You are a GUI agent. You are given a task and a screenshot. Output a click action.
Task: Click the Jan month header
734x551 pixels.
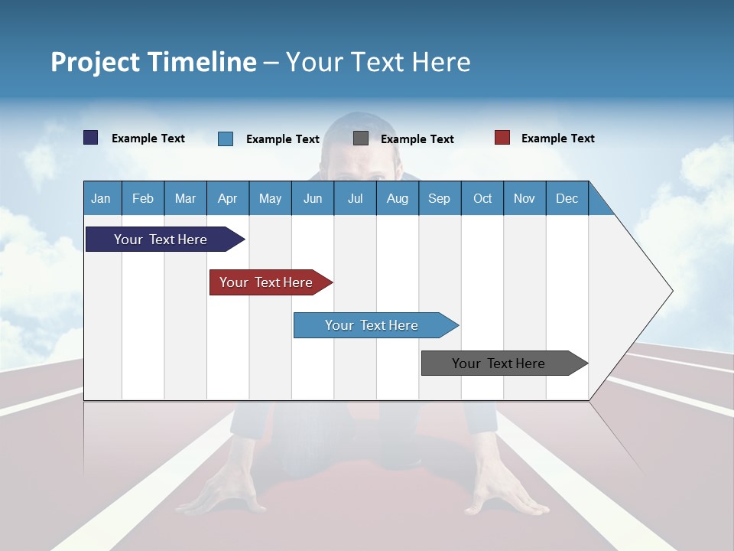tap(101, 198)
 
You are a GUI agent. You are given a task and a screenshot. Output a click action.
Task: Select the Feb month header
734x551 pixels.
tap(143, 198)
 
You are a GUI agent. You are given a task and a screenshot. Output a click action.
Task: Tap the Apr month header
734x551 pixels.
tap(228, 198)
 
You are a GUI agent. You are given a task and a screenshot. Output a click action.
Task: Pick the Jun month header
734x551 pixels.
tap(313, 198)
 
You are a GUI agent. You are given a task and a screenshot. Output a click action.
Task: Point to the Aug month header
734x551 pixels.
tap(398, 198)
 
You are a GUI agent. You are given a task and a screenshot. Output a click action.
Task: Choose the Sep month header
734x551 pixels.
tap(440, 198)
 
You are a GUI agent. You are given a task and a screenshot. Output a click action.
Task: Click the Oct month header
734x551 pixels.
tap(482, 198)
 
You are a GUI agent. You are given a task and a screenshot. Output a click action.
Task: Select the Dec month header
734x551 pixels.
tap(567, 198)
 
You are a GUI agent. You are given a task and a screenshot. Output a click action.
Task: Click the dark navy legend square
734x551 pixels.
tap(91, 138)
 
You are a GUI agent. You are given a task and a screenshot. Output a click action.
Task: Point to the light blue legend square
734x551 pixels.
tap(226, 139)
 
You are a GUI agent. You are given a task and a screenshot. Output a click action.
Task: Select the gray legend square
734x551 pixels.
tap(361, 139)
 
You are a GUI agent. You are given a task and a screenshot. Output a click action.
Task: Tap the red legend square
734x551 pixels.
tap(502, 138)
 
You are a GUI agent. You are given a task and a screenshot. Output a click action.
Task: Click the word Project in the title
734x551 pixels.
tap(96, 62)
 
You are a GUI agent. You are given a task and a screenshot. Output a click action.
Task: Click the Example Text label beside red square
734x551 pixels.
tap(557, 139)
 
